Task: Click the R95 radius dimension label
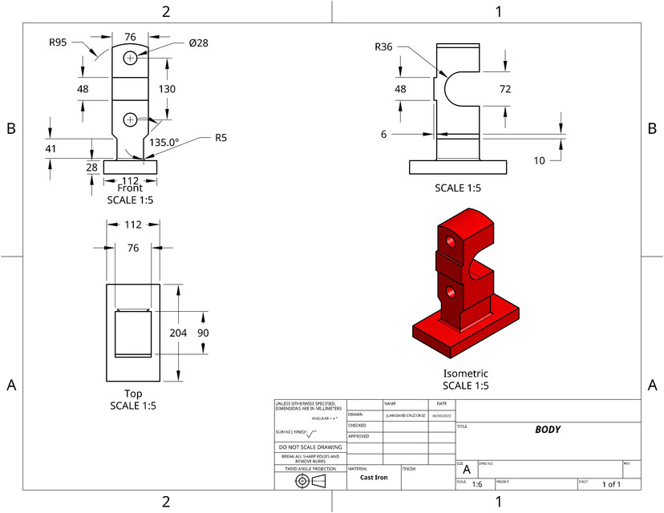point(57,42)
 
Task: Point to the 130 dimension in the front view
point(168,89)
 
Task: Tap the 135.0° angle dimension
point(164,141)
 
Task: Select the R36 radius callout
point(383,47)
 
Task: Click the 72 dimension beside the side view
point(505,89)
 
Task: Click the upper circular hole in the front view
point(130,59)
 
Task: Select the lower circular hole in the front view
point(130,119)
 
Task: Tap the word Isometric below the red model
point(465,374)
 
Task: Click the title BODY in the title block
point(547,430)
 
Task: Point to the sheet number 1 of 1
point(611,484)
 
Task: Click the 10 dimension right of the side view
point(539,160)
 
